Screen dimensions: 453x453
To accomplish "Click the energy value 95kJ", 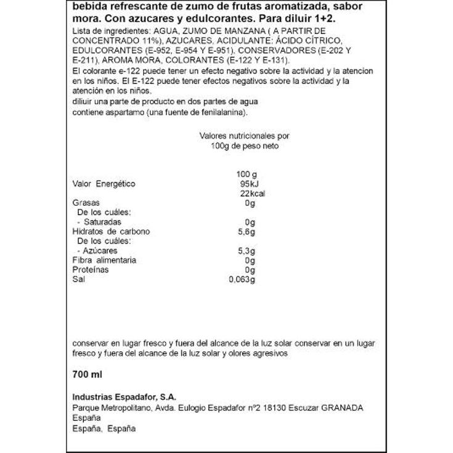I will click(x=246, y=184).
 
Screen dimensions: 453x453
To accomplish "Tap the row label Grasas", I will click(x=86, y=203).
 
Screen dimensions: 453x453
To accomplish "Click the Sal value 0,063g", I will click(x=242, y=280).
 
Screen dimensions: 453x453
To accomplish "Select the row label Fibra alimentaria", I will click(x=104, y=260).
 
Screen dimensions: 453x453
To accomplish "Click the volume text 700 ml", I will click(x=87, y=374).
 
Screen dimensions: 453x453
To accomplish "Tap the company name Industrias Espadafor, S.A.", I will click(x=124, y=397).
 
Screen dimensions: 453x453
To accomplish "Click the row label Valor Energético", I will click(x=104, y=184).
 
